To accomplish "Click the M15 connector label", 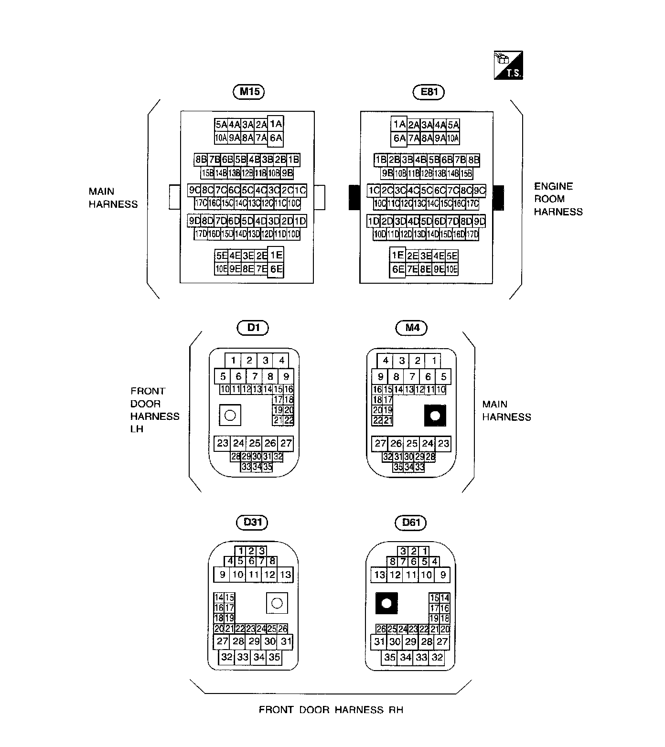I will tap(249, 92).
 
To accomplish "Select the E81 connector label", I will tap(429, 92).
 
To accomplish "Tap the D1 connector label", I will tap(253, 328).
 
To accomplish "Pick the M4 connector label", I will tap(412, 328).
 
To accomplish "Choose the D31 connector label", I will tap(252, 522).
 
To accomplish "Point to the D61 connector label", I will tap(411, 522).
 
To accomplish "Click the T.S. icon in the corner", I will tap(508, 65).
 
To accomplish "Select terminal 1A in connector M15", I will tap(276, 124).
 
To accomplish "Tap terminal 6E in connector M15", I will tap(276, 269).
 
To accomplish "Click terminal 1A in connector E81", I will tap(398, 124).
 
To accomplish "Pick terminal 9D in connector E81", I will tap(479, 221).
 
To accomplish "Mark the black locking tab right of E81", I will tap(498, 198).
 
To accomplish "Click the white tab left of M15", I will tap(175, 197).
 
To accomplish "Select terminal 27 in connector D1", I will tap(286, 443).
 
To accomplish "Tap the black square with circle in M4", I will tap(435, 416).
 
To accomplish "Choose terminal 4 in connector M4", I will tap(386, 361).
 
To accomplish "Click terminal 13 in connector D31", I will tap(285, 575).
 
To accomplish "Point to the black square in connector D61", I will tap(386, 603).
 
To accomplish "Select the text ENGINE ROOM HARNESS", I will tap(558, 199).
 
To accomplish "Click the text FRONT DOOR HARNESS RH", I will tap(331, 710).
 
